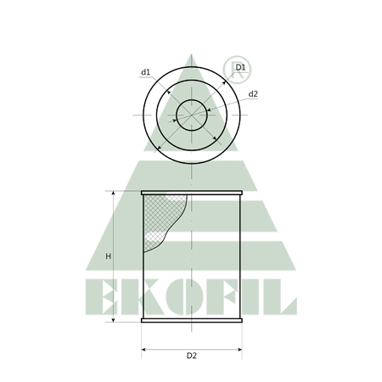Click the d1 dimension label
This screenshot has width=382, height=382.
click(145, 72)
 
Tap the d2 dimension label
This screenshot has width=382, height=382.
click(253, 94)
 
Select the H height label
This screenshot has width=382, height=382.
click(108, 256)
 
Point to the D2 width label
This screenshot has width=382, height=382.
click(192, 356)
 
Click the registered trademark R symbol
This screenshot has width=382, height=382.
click(237, 70)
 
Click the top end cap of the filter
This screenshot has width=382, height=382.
click(192, 193)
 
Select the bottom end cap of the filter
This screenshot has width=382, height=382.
click(192, 320)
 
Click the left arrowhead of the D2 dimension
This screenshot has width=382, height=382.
click(143, 350)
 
